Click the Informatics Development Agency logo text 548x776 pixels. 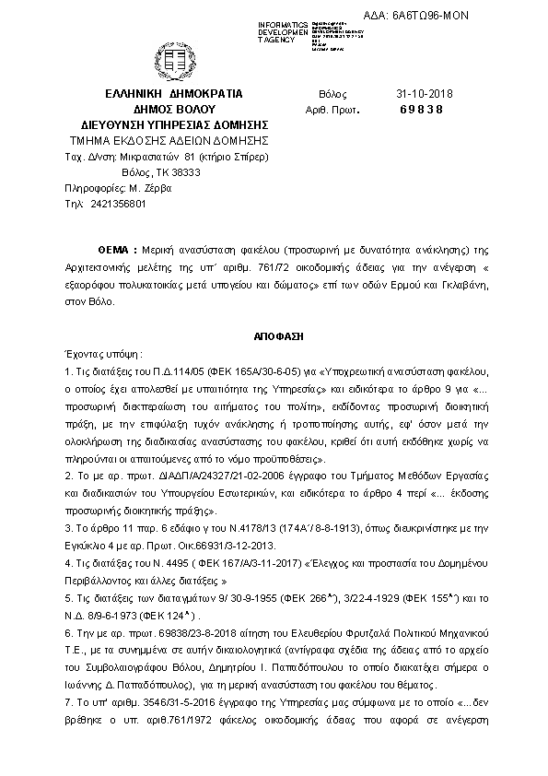point(284,31)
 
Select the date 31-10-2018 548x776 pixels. point(420,93)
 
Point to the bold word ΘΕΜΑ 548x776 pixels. point(115,251)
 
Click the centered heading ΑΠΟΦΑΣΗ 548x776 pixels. point(273,337)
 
